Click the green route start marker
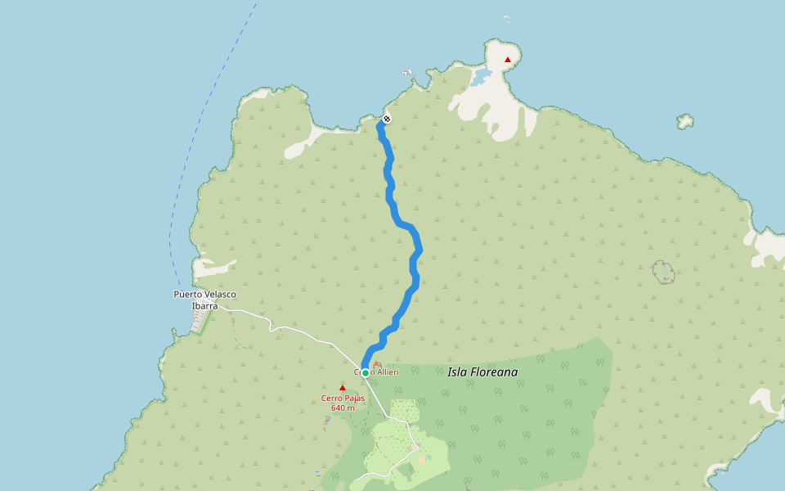point(366,372)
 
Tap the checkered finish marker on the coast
point(387,119)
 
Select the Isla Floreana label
point(482,372)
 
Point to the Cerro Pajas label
point(343,398)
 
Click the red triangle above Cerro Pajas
point(343,387)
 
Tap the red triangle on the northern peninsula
point(508,60)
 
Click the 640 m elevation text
point(343,408)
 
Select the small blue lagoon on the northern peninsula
point(481,77)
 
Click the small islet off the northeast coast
point(684,122)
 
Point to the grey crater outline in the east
point(664,272)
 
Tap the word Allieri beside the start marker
point(387,372)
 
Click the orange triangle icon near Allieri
point(377,364)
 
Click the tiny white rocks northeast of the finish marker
point(408,74)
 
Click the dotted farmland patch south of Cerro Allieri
point(403,409)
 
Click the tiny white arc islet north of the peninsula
point(506,17)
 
